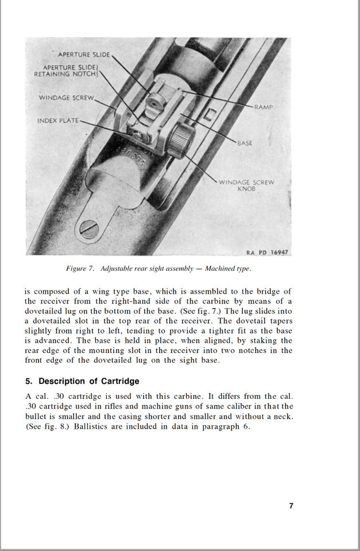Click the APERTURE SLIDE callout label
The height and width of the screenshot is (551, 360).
pyautogui.click(x=83, y=54)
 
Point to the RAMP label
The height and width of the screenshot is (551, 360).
pyautogui.click(x=264, y=107)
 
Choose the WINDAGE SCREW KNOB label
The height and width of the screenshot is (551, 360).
pyautogui.click(x=247, y=185)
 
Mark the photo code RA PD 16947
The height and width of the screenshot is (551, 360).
pyautogui.click(x=267, y=252)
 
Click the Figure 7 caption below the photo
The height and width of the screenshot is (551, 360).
pyautogui.click(x=158, y=269)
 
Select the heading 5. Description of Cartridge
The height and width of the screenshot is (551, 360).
pyautogui.click(x=82, y=381)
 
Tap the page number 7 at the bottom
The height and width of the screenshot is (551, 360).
pyautogui.click(x=291, y=506)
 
